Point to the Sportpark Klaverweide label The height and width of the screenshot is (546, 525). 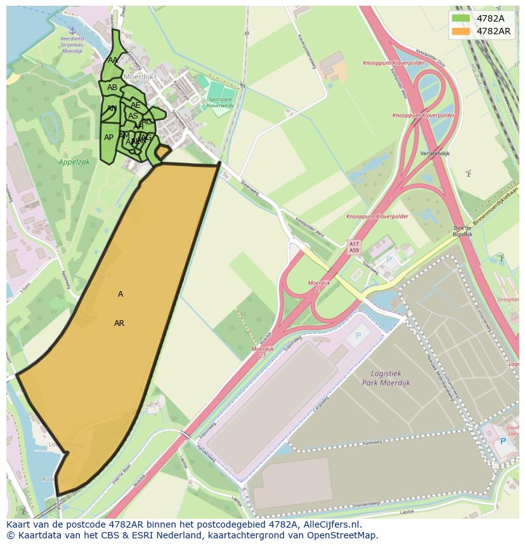[221, 102]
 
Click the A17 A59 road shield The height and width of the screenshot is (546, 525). [354, 247]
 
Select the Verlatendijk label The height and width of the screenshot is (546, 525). [435, 153]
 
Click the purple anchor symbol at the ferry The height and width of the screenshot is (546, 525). [72, 30]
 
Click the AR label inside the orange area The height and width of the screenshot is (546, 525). [119, 323]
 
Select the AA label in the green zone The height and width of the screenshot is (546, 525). [113, 60]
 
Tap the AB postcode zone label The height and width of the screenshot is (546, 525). [112, 88]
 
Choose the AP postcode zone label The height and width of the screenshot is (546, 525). [108, 138]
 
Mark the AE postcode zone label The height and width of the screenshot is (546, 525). [135, 105]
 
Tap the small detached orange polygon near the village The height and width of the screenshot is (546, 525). [163, 152]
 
